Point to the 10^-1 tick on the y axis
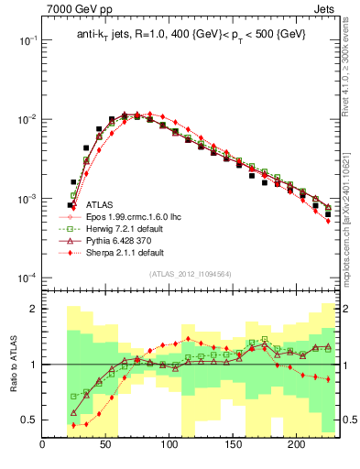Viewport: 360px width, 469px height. click(27, 41)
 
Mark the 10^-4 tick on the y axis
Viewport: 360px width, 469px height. click(27, 278)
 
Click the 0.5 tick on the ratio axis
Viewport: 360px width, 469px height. click(30, 420)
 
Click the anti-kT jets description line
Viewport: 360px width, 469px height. click(190, 34)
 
